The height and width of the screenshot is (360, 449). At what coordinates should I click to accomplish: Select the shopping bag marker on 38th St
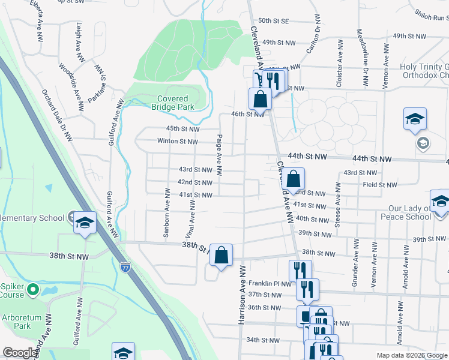(x=221, y=255)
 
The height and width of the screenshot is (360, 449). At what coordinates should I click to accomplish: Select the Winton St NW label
(x=177, y=142)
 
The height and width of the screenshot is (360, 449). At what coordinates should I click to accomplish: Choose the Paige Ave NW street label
(x=220, y=154)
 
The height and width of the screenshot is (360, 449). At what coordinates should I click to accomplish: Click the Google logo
(x=20, y=353)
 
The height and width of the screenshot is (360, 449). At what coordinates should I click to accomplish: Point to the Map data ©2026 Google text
(x=411, y=355)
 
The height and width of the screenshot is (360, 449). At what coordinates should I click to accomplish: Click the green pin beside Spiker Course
(x=33, y=290)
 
